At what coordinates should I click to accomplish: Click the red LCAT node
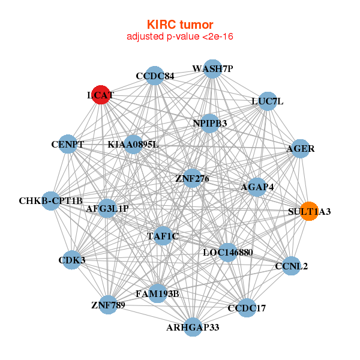(x=101, y=95)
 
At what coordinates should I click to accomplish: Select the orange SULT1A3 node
(x=309, y=211)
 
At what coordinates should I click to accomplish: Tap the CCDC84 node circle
(x=155, y=76)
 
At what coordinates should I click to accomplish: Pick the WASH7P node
(x=212, y=69)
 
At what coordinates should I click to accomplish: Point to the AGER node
(x=300, y=148)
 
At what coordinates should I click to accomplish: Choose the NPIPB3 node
(x=209, y=124)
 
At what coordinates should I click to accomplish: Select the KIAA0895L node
(x=133, y=145)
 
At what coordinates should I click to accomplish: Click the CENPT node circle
(x=68, y=145)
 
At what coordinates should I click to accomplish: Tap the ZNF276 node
(x=192, y=178)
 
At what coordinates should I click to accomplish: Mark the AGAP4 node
(x=257, y=187)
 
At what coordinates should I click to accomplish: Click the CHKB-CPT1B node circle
(x=51, y=200)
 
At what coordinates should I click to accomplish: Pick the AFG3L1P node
(x=107, y=208)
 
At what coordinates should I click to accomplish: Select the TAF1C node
(x=163, y=236)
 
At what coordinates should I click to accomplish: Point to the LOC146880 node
(x=227, y=253)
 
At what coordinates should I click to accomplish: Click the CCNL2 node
(x=291, y=266)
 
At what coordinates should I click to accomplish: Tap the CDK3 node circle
(x=72, y=260)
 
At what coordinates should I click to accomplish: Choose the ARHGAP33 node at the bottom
(x=193, y=327)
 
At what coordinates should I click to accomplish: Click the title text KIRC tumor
(x=180, y=25)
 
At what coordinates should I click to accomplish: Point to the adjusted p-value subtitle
(x=180, y=37)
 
